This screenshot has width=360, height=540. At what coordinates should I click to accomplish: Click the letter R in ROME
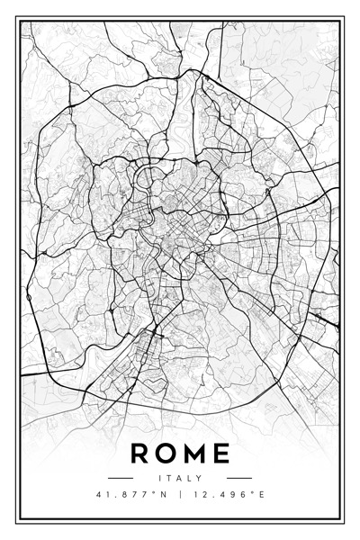[x=139, y=453]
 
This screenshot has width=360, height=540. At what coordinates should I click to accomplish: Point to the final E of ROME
[x=220, y=453]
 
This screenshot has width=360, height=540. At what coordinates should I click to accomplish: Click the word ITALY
[x=180, y=478]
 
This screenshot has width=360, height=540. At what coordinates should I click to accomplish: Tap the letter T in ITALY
[x=168, y=478]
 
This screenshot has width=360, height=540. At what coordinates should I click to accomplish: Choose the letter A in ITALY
[x=179, y=478]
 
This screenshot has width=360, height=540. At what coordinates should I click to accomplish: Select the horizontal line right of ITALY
[x=238, y=478]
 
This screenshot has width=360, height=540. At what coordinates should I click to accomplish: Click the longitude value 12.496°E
[x=229, y=494]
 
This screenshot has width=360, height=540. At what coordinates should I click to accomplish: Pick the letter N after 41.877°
[x=159, y=494]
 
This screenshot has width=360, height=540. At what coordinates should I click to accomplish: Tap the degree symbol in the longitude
[x=250, y=491]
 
